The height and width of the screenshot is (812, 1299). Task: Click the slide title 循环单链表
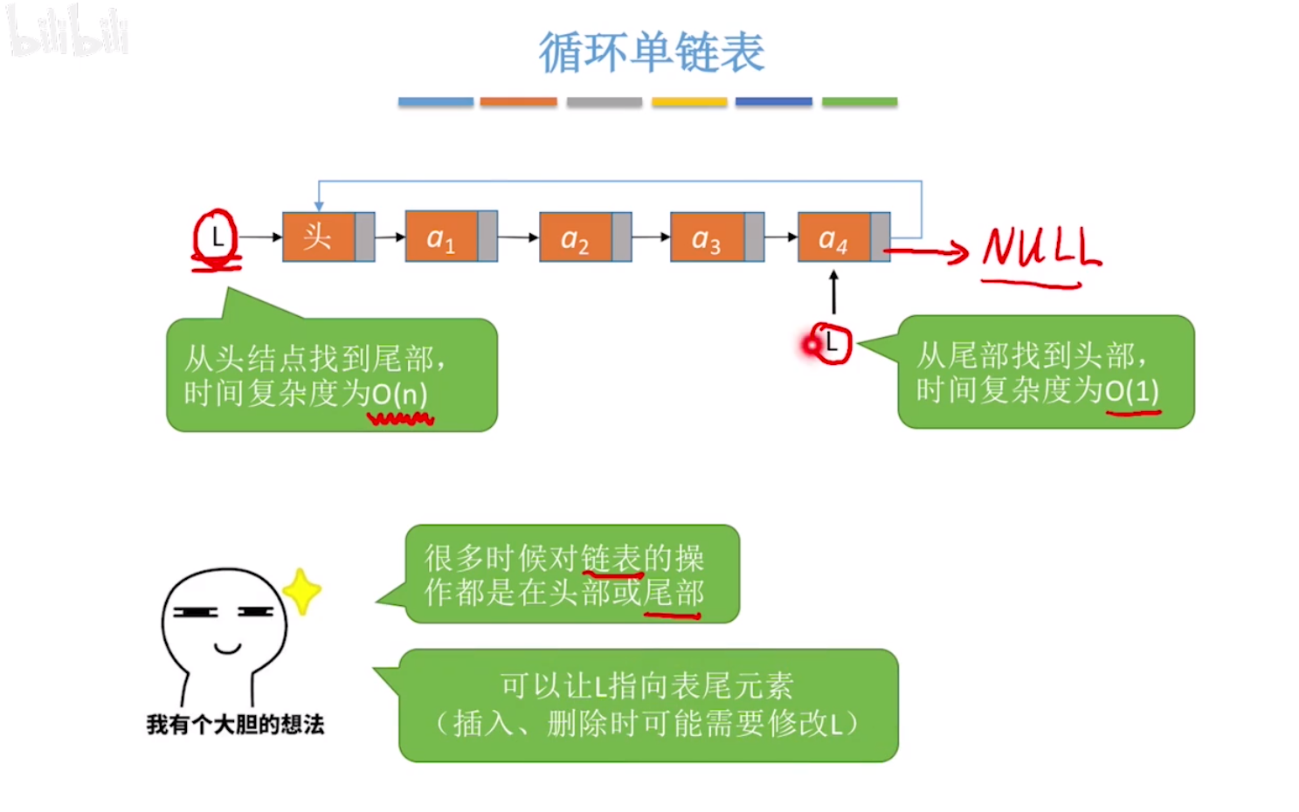click(651, 52)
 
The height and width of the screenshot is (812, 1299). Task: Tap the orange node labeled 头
click(319, 237)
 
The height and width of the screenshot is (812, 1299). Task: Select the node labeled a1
click(442, 237)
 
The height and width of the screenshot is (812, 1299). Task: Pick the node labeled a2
click(576, 237)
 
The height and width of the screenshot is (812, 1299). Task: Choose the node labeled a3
click(707, 237)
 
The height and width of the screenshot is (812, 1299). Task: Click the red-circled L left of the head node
click(216, 237)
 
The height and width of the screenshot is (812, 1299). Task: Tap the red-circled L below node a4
click(831, 343)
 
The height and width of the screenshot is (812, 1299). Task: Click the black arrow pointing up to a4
click(833, 292)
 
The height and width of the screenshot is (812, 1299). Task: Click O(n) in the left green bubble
click(400, 395)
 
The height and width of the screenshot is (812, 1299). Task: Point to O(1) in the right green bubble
click(1132, 390)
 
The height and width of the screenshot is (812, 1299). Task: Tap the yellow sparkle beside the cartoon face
click(302, 591)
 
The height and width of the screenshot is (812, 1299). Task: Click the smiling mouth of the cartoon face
click(227, 649)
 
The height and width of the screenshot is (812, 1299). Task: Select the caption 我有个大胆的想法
click(235, 724)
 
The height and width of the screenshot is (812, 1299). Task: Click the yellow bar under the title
click(689, 102)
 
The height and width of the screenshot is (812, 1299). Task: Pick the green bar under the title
click(860, 102)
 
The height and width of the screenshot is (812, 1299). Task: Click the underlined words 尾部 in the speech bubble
click(674, 594)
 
